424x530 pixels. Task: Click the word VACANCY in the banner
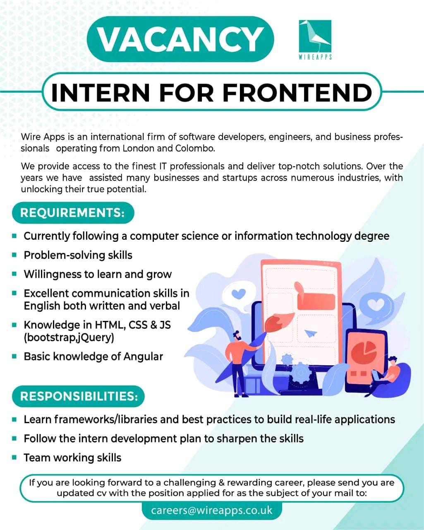click(180, 39)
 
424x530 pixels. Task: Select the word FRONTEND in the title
click(297, 92)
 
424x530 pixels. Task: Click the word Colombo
click(195, 148)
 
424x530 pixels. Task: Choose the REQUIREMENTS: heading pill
click(72, 213)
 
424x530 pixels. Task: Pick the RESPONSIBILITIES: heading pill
click(79, 396)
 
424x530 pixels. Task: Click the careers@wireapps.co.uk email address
click(212, 510)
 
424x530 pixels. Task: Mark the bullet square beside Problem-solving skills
click(14, 255)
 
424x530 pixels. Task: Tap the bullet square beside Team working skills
click(14, 458)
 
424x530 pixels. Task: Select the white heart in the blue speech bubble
click(376, 305)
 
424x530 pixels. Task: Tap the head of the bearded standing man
click(237, 337)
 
